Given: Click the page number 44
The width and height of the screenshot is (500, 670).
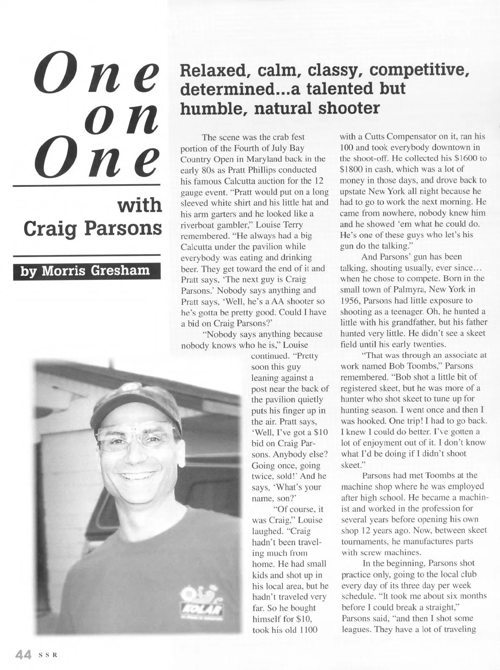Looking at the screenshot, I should click(x=23, y=655).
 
